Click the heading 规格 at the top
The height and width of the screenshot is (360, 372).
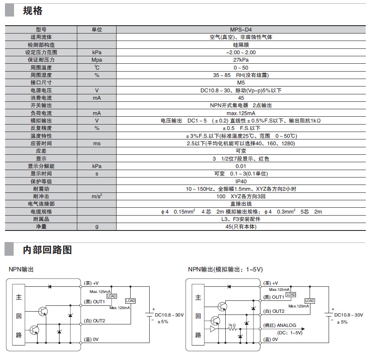33,11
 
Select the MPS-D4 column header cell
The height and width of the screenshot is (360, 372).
241,30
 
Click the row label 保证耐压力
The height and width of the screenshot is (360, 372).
41,60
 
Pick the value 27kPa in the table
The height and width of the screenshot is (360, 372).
241,60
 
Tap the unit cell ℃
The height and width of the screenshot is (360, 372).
97,68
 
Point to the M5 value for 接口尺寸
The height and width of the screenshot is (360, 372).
241,83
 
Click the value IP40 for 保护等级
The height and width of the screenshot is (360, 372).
241,181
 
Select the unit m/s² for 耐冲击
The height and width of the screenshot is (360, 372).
97,196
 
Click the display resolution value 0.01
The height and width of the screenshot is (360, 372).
241,166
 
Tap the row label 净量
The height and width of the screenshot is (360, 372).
41,226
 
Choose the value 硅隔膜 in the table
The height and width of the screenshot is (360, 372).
241,45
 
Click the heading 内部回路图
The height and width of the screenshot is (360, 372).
47,250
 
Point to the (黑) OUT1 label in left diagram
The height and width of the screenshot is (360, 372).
94,302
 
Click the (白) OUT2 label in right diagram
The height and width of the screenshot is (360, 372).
274,311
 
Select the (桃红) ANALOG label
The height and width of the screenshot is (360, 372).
280,325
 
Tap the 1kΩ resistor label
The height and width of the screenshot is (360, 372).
232,325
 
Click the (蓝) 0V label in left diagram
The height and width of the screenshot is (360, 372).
91,340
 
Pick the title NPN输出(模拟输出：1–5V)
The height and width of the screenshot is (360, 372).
225,269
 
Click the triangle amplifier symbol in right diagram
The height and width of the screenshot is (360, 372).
213,329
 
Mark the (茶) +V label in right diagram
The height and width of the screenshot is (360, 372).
271,283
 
